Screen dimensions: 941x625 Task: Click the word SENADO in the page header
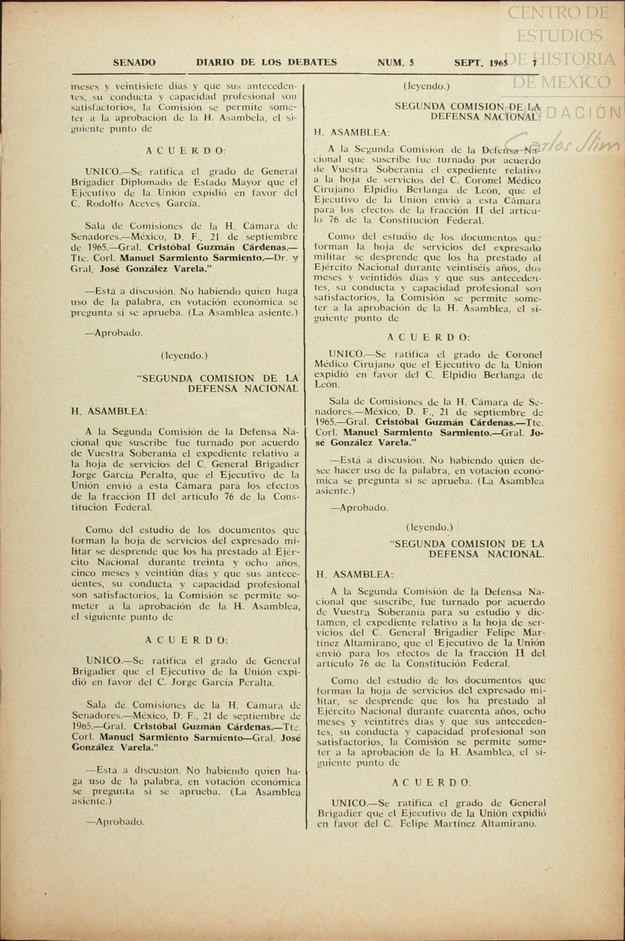(x=134, y=63)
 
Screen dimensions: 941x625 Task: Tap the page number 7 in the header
(x=534, y=64)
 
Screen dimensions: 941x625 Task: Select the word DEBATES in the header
(x=312, y=63)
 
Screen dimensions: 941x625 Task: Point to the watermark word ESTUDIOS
(x=559, y=36)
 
